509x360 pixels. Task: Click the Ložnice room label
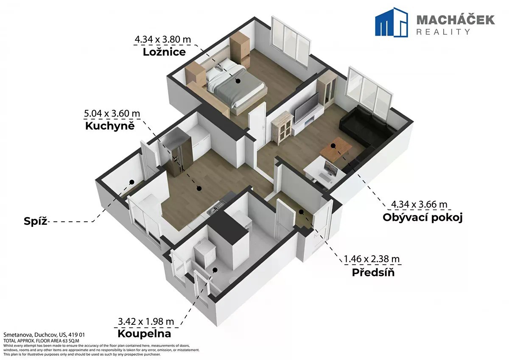(x=164, y=52)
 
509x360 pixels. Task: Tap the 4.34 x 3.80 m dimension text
(x=163, y=39)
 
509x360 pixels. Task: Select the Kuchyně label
(x=110, y=126)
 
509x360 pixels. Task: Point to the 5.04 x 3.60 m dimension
(x=112, y=114)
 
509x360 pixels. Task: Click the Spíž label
(x=36, y=221)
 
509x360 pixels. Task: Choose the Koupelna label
(x=144, y=334)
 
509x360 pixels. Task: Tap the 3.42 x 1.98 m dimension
(x=146, y=321)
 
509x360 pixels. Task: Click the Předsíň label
(x=373, y=273)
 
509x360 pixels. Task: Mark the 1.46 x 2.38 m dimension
(x=372, y=259)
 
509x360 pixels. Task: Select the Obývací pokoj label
(x=422, y=218)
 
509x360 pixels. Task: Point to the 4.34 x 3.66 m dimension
(x=419, y=204)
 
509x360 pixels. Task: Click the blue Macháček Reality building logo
(x=391, y=22)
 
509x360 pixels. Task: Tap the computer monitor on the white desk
(x=331, y=168)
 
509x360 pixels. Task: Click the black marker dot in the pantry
(x=131, y=182)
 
